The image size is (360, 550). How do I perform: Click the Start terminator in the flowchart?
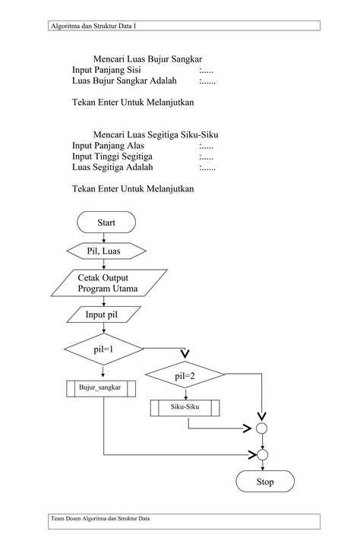(x=106, y=223)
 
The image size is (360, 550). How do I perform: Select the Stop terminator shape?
(x=264, y=482)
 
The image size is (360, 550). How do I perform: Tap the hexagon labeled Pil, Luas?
(x=106, y=250)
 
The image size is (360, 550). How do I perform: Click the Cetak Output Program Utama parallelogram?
(x=105, y=283)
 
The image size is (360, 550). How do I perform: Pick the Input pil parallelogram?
(x=103, y=315)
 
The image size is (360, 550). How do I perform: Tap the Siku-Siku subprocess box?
(x=185, y=408)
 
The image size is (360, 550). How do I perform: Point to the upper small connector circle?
(x=262, y=428)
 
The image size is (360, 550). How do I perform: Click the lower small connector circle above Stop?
(x=262, y=455)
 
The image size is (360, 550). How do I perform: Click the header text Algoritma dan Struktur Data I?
(x=93, y=26)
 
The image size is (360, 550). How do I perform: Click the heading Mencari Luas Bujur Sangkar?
(x=147, y=58)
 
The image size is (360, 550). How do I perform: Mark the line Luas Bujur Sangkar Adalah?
(x=124, y=80)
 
